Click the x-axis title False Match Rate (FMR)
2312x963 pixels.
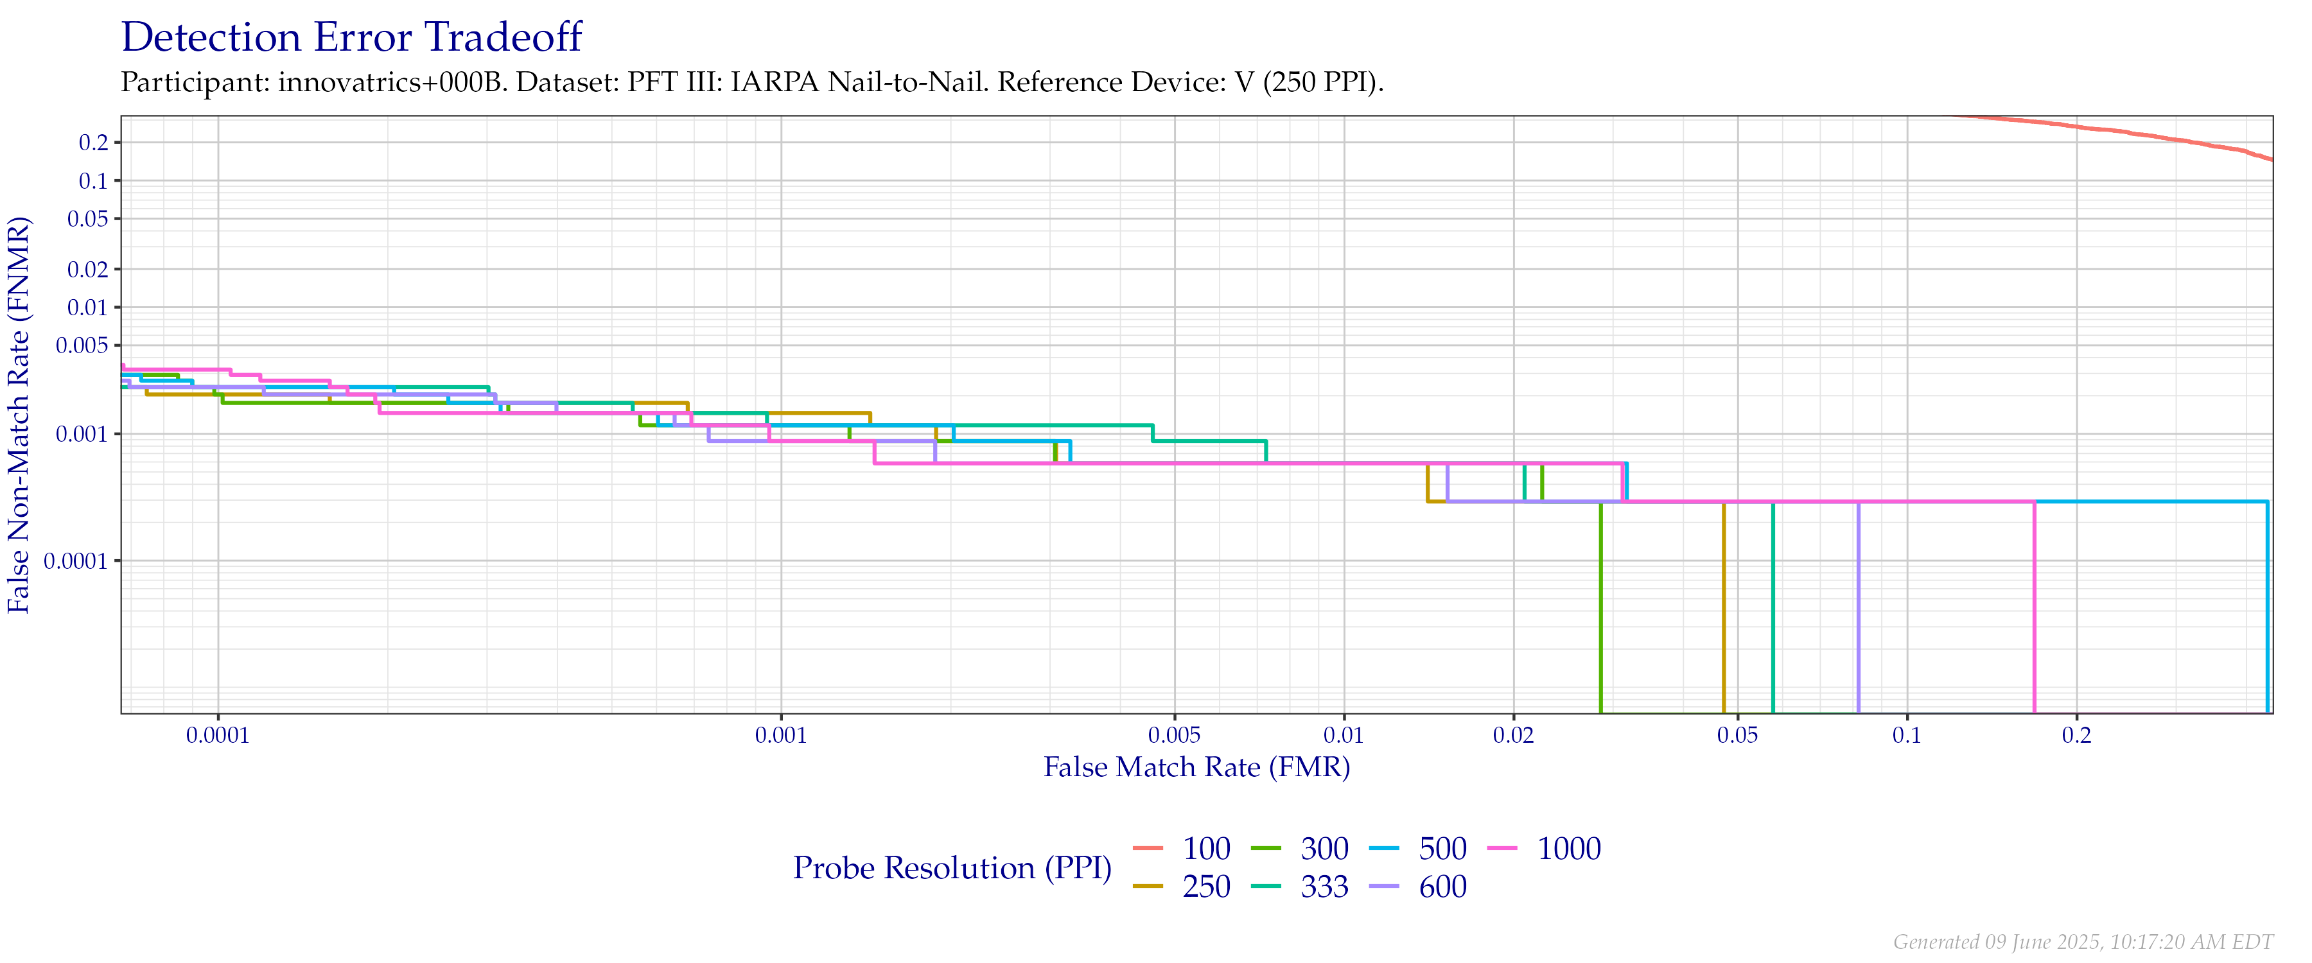coord(1196,767)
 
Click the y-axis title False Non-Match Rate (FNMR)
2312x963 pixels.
coord(19,415)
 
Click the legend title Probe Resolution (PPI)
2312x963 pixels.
coord(952,868)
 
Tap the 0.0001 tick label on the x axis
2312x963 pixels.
coord(218,736)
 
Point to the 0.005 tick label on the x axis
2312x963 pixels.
coord(1174,736)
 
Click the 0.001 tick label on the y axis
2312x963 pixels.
coord(83,435)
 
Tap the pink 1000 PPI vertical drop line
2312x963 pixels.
coord(2034,611)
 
